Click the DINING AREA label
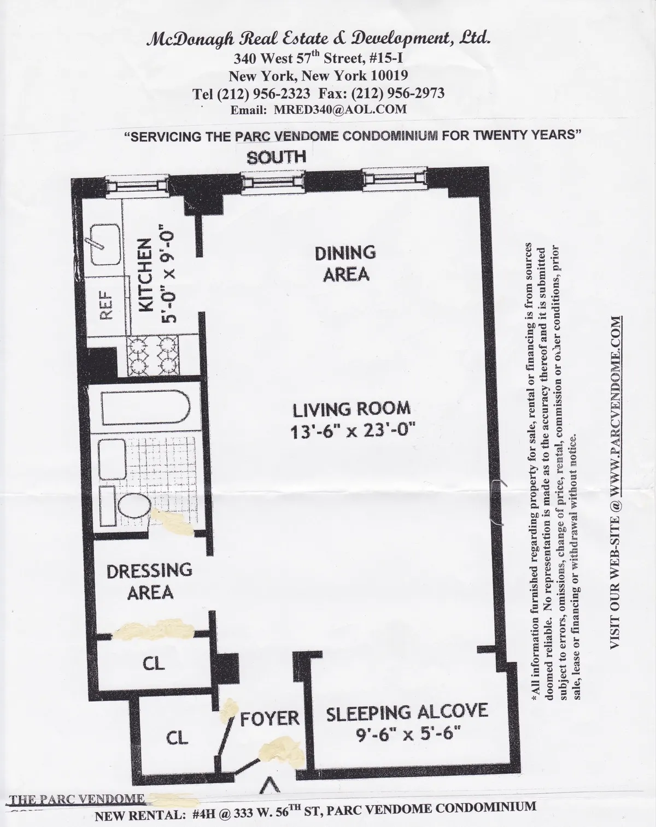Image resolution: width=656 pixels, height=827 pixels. tap(345, 263)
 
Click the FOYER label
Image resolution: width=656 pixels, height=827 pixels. tap(270, 718)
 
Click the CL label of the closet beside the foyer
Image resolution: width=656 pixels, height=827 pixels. tap(177, 737)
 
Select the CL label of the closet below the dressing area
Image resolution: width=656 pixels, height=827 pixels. tap(154, 662)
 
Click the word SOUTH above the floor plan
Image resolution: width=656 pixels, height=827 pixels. tap(276, 157)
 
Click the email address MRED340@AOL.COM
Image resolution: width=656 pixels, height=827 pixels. tap(341, 109)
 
